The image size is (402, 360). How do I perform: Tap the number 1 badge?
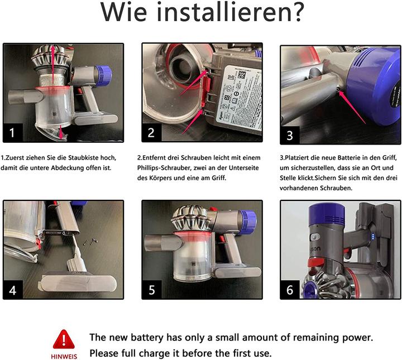[14, 132]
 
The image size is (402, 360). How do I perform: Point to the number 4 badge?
[14, 290]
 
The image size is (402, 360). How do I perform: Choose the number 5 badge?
[152, 290]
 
